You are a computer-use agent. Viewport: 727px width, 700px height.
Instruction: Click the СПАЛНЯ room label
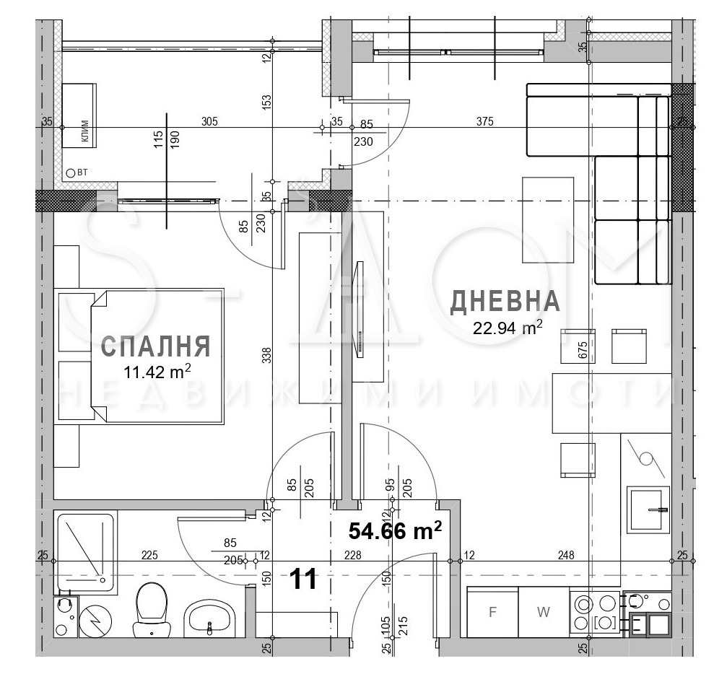pos(155,346)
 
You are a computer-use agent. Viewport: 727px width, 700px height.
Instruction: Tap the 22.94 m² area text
pos(508,329)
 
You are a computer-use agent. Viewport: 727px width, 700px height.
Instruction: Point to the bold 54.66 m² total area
pos(395,531)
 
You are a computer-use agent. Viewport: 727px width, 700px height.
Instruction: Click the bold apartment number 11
pos(304,579)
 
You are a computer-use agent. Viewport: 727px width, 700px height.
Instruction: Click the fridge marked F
pos(493,613)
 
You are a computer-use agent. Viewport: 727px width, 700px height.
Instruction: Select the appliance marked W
pos(544,613)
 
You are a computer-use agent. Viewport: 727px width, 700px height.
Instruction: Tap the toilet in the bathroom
pos(151,610)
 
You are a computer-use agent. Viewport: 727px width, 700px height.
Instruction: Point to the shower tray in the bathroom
pos(85,552)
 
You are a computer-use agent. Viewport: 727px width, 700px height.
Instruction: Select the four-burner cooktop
pos(596,613)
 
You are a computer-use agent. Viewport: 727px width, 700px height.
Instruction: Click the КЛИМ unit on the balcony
pos(78,115)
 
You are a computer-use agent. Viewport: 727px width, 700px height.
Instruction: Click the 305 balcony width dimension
pos(209,122)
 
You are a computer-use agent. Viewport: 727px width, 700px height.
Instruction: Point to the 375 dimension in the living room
pos(484,122)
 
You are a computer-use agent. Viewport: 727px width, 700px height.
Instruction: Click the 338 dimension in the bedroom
pos(266,355)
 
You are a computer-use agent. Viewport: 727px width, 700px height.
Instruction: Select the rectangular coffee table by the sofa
pos(548,220)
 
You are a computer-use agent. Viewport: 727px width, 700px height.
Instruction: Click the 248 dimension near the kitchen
pos(566,555)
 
